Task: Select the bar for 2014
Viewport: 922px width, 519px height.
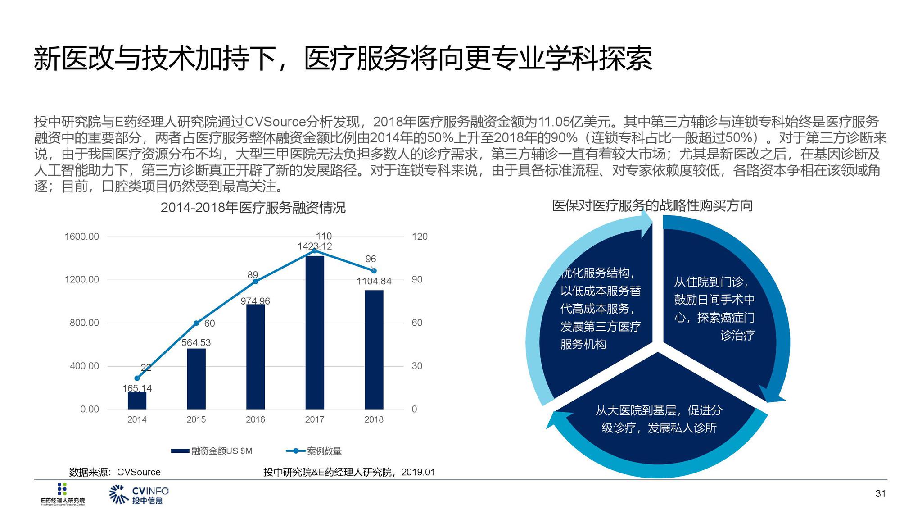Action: click(x=137, y=401)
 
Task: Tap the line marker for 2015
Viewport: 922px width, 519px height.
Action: click(x=196, y=323)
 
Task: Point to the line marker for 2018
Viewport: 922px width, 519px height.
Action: click(x=374, y=271)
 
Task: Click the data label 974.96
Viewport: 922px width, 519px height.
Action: click(x=255, y=301)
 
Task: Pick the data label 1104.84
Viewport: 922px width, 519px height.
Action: click(x=374, y=281)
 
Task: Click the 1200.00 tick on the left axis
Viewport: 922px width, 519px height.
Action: click(x=81, y=280)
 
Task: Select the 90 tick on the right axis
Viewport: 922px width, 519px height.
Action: click(x=417, y=280)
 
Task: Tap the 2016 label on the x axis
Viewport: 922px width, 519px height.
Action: click(x=255, y=419)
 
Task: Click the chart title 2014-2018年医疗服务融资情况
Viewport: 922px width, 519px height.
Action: click(x=253, y=208)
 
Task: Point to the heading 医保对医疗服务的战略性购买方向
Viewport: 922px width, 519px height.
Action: click(x=652, y=206)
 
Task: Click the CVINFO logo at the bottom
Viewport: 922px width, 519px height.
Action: click(x=139, y=495)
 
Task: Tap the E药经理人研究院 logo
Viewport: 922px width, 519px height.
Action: click(x=63, y=494)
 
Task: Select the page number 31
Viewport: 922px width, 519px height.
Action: click(x=880, y=494)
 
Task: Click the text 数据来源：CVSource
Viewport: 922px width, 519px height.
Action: click(x=115, y=472)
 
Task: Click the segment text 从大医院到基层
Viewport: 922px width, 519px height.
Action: click(x=639, y=410)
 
